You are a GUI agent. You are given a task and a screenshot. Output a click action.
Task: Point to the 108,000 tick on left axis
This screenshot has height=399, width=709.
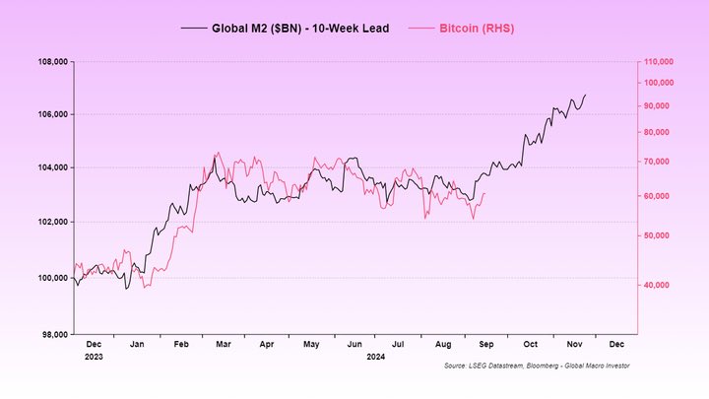pos(50,61)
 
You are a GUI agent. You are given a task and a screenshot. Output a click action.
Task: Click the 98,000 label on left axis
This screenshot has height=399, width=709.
pos(52,335)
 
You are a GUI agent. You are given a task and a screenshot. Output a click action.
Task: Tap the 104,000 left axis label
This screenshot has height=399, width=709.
pos(50,167)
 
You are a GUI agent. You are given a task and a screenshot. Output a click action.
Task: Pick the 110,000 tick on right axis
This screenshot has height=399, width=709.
pos(658,61)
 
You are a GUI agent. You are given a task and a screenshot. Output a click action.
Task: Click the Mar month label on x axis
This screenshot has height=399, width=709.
pos(224,345)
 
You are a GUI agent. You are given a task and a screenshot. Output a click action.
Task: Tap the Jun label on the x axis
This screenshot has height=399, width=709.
pos(354,345)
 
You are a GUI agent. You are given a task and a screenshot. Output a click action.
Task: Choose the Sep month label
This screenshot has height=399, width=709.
pos(485,345)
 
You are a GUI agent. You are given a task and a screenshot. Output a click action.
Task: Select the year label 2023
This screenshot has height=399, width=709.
pos(94,356)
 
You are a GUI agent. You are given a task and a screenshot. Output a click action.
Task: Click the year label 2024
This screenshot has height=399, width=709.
pos(376,356)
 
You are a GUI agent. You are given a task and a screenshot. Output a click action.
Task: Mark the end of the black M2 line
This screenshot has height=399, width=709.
pos(585,96)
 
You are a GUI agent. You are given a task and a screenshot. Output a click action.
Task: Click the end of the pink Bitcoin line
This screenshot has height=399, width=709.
pos(484,194)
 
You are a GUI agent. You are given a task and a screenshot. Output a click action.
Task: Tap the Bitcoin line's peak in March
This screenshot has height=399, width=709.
pos(217,153)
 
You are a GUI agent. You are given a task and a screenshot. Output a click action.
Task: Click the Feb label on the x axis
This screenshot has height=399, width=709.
pos(181,345)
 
